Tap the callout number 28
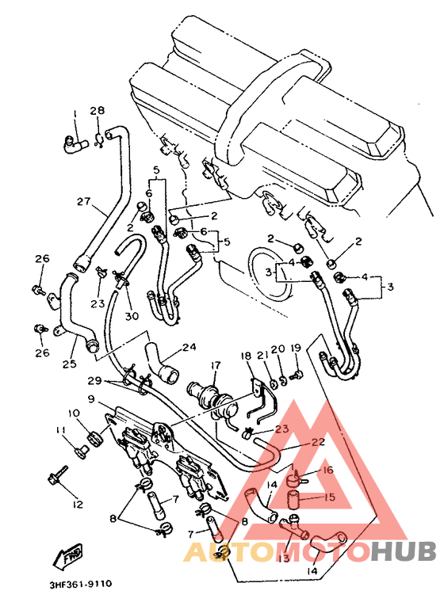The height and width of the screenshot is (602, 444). tap(97, 110)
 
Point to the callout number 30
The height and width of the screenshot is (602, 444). tap(131, 315)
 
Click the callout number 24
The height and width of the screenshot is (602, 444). tap(189, 346)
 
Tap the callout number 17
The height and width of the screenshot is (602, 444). tap(214, 366)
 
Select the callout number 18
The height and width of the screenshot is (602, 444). tap(246, 356)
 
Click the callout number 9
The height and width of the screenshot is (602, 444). tap(92, 398)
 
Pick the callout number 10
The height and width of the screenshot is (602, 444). tap(73, 413)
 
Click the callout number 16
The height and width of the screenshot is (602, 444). tap(327, 470)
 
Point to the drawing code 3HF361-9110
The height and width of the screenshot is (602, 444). tap(80, 585)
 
